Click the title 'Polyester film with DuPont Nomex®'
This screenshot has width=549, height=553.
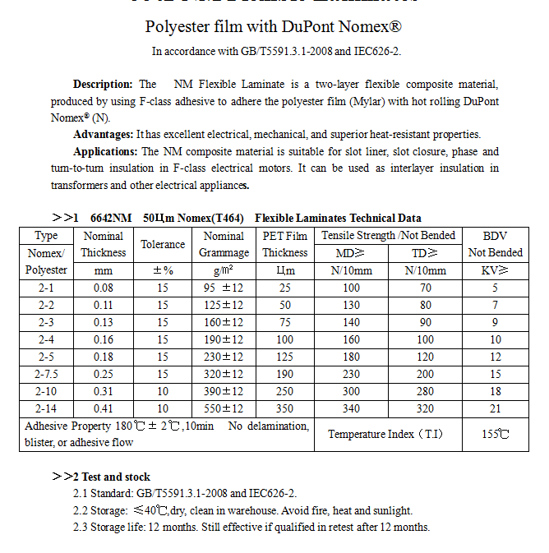(x=274, y=27)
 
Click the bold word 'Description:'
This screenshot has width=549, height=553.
(x=103, y=85)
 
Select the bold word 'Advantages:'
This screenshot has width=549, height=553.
(x=104, y=135)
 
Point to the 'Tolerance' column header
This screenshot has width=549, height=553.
(x=163, y=244)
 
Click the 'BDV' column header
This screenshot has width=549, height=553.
(x=495, y=236)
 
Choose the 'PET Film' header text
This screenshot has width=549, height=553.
(x=284, y=236)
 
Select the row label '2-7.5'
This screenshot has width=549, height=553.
(x=46, y=374)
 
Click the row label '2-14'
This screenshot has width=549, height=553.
(x=46, y=408)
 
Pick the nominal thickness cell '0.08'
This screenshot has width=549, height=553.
(x=104, y=288)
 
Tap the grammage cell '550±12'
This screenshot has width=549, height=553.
(x=224, y=408)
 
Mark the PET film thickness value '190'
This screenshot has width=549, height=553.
(x=284, y=374)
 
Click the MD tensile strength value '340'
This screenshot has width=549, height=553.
(x=352, y=408)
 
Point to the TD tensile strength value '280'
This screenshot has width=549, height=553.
(x=425, y=391)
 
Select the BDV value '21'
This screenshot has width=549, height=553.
(x=495, y=408)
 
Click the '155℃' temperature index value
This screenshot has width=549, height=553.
(x=495, y=434)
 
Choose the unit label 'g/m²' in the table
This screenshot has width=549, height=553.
(x=224, y=270)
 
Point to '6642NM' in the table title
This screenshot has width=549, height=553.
(x=111, y=218)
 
